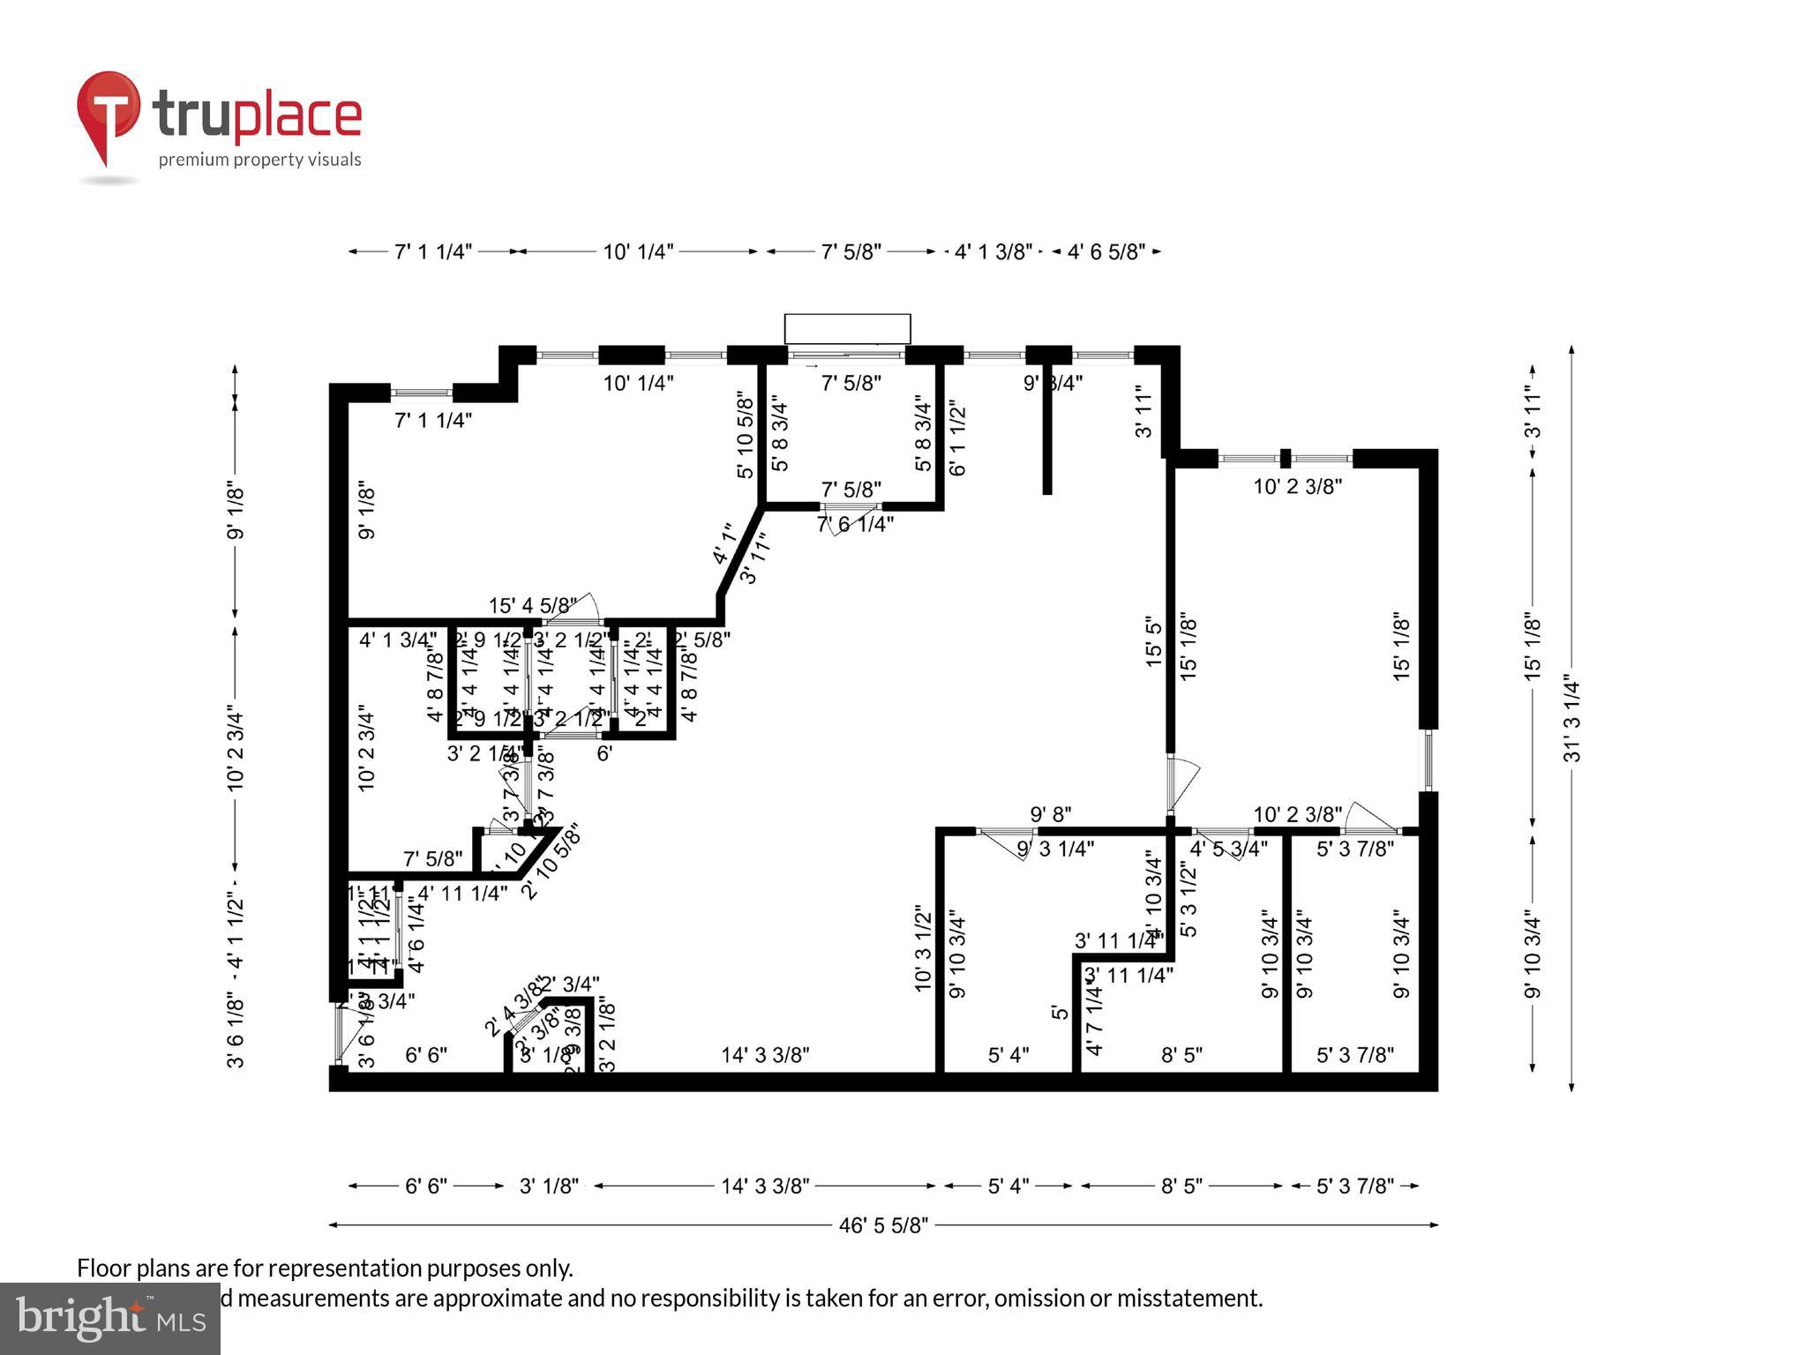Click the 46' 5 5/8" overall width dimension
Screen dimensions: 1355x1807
tap(883, 1225)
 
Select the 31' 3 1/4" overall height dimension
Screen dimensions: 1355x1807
tap(1571, 719)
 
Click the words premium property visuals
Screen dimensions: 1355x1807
tap(259, 160)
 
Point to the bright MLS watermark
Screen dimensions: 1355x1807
tap(109, 1318)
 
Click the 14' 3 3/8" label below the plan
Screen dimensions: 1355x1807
tap(765, 1187)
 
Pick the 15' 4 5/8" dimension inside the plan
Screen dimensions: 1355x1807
tap(532, 606)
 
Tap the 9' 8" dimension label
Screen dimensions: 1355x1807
tap(1050, 813)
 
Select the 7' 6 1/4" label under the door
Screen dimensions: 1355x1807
tap(855, 524)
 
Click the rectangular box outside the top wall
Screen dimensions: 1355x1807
tap(847, 328)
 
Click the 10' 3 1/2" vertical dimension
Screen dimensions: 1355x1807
tap(923, 947)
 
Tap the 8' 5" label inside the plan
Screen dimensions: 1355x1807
tap(1181, 1055)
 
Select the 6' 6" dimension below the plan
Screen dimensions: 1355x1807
tap(426, 1187)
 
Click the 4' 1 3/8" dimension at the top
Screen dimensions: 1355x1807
tap(993, 252)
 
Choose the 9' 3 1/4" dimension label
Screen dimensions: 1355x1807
tap(1055, 849)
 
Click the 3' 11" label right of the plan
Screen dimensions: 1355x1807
tap(1533, 415)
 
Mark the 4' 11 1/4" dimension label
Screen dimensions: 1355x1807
tap(462, 894)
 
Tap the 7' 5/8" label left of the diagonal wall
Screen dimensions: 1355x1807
tap(432, 858)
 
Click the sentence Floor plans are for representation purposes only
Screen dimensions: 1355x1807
tap(325, 1269)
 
